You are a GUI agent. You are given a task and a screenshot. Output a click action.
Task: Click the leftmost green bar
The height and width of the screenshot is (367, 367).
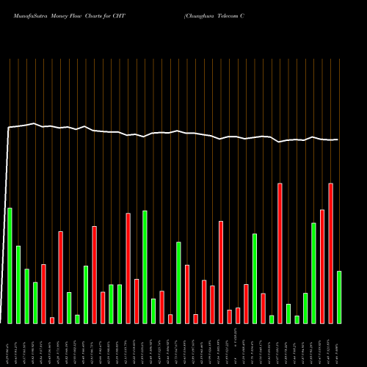coord(10,265)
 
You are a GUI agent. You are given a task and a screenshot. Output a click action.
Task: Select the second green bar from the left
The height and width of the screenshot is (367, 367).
coord(18,284)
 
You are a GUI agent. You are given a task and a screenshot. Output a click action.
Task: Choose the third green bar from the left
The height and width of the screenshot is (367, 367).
coord(27,296)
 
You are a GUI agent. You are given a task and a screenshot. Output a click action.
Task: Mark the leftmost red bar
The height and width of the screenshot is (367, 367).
coord(43,294)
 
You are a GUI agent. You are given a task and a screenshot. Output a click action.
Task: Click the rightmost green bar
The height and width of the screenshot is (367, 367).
coord(339,297)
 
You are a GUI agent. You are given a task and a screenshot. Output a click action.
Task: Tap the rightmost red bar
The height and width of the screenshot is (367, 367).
coord(330,252)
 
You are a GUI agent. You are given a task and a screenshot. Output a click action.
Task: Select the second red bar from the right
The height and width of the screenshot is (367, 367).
coord(321,266)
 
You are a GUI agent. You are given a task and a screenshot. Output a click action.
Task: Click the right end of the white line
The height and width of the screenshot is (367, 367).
coord(338,139)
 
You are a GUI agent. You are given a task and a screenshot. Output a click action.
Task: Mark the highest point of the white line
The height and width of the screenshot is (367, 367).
coord(34,123)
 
